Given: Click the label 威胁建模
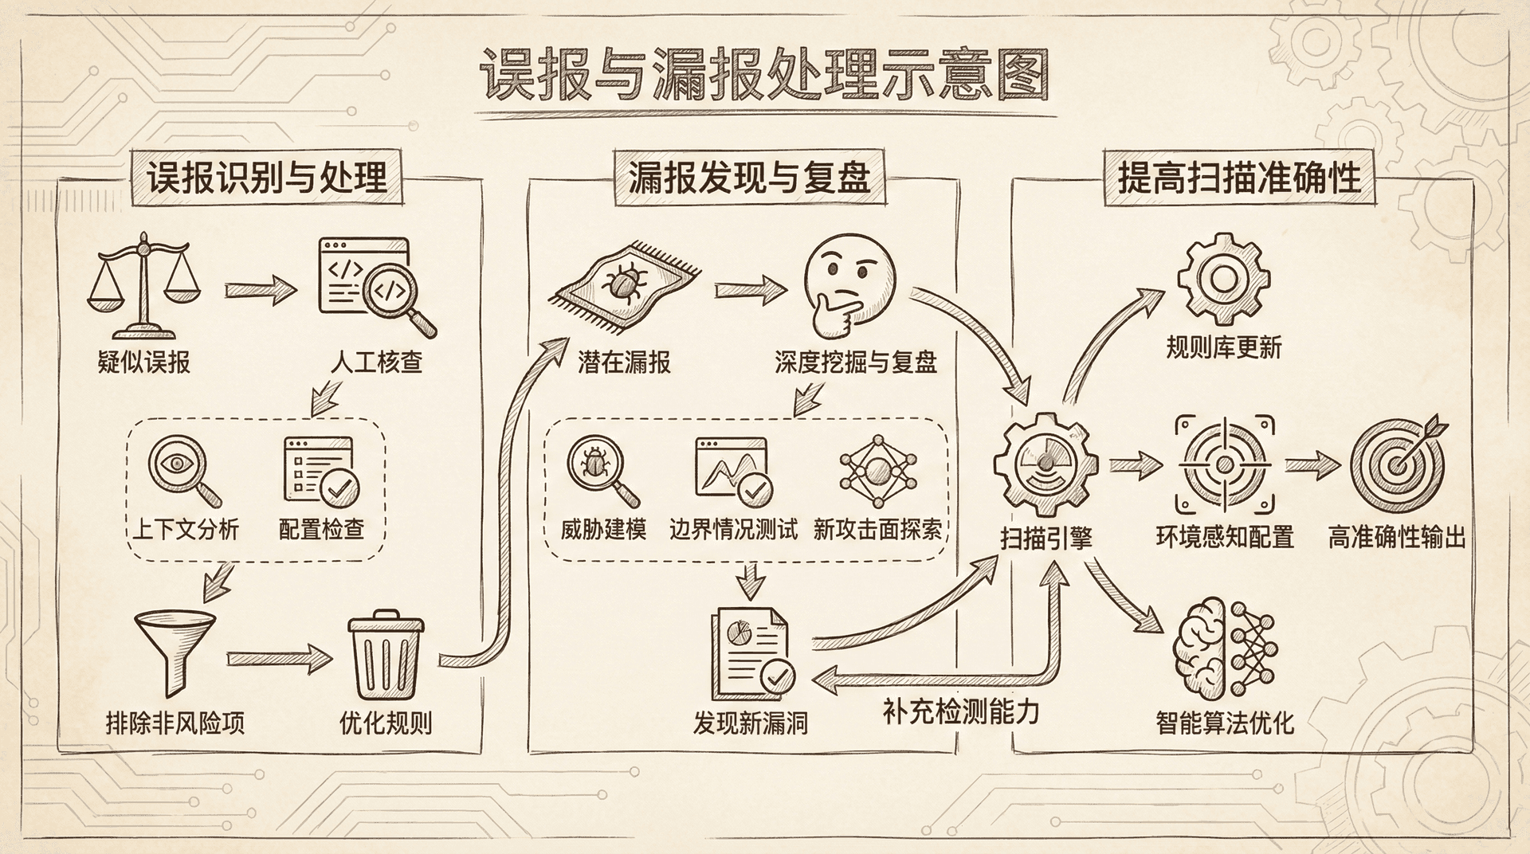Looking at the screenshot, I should [x=603, y=529].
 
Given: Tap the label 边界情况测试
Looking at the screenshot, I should [x=733, y=529].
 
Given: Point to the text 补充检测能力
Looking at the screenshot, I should [x=961, y=711].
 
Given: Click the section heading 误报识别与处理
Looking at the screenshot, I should [x=267, y=177].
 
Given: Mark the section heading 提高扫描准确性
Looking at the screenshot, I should [x=1239, y=177].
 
